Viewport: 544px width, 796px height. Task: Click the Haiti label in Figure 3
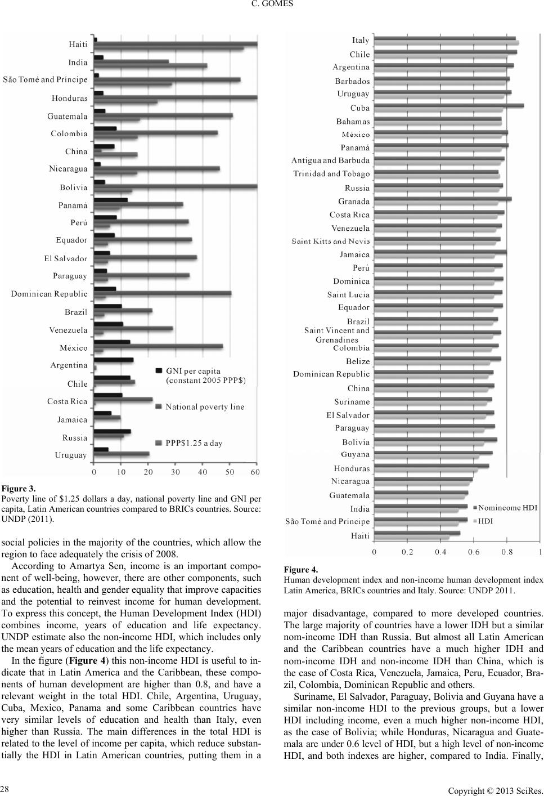coord(78,44)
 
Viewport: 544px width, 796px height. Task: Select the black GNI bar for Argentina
coord(114,360)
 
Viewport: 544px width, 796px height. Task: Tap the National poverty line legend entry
coord(200,407)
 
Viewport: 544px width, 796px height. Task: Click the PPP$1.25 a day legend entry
coord(189,443)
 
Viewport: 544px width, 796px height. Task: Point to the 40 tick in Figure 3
coord(203,472)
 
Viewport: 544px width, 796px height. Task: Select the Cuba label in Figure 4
coord(360,108)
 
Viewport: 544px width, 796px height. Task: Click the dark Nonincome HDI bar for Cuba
coord(449,105)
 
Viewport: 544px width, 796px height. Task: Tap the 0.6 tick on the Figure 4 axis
coord(474,552)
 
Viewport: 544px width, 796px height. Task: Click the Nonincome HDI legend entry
coord(505,507)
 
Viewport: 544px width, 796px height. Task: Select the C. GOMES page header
coord(272,4)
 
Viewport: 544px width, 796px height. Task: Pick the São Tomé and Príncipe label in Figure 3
coord(45,79)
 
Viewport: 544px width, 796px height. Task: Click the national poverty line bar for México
coord(159,346)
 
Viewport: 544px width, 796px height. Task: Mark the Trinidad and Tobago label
coord(331,174)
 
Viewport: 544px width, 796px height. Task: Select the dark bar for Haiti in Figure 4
coord(417,533)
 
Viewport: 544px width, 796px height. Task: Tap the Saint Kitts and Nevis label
coord(331,242)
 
